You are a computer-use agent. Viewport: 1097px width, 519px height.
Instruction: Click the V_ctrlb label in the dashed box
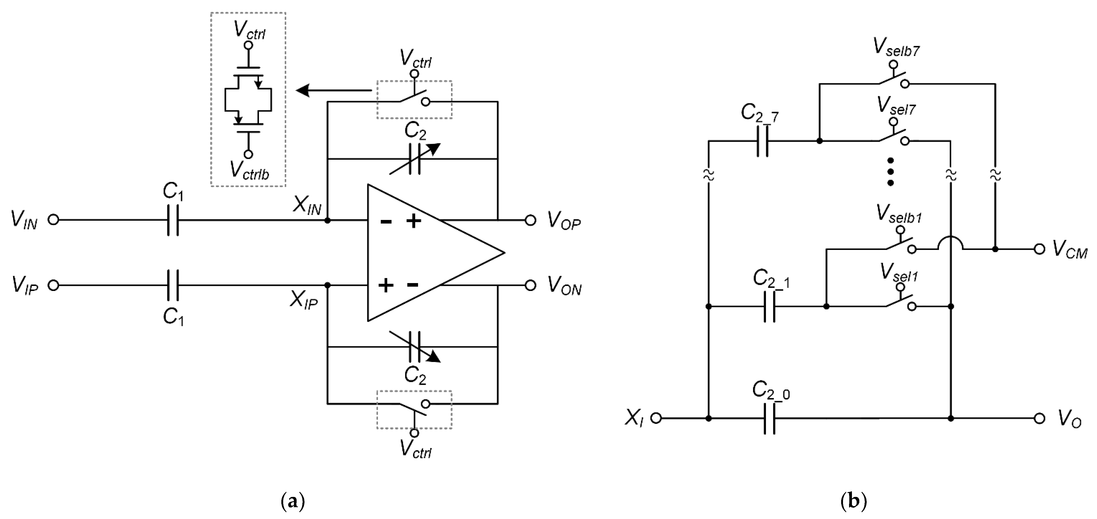tap(249, 170)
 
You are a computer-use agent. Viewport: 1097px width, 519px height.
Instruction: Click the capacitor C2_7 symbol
tap(762, 141)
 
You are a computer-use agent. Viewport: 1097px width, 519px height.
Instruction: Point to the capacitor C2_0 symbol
tap(770, 419)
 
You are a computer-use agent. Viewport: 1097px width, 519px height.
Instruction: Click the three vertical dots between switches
tap(890, 172)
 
